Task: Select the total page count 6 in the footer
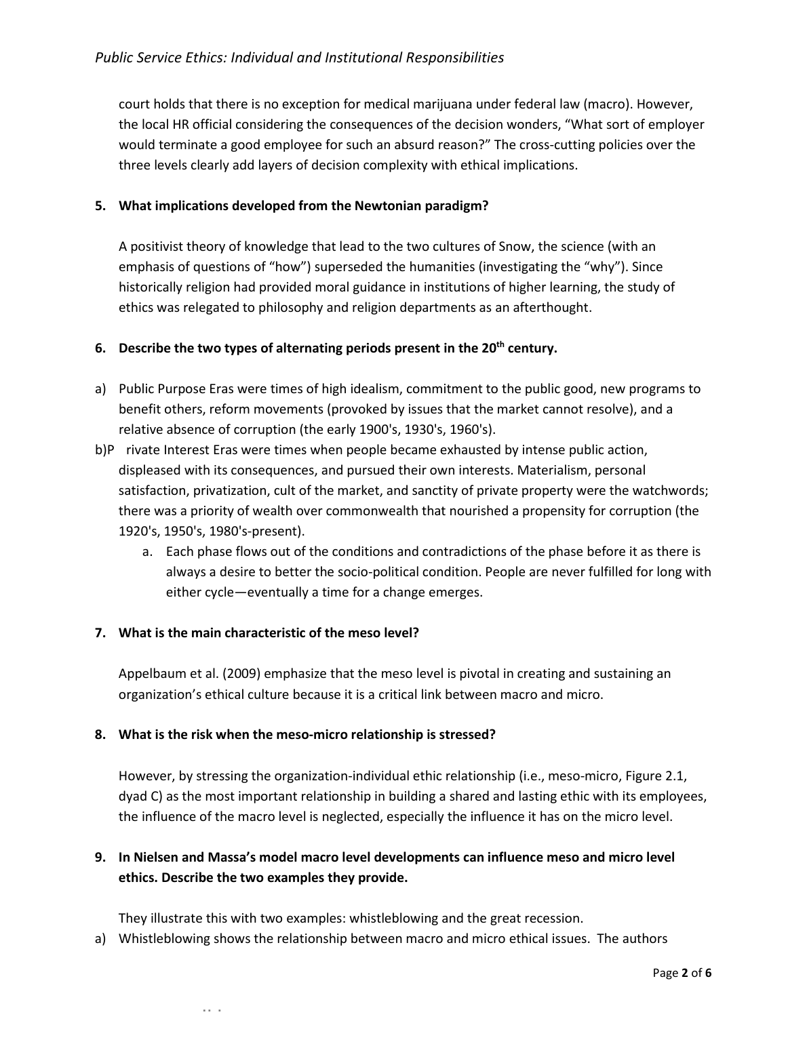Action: pyautogui.click(x=709, y=973)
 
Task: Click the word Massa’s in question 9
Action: pyautogui.click(x=233, y=858)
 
